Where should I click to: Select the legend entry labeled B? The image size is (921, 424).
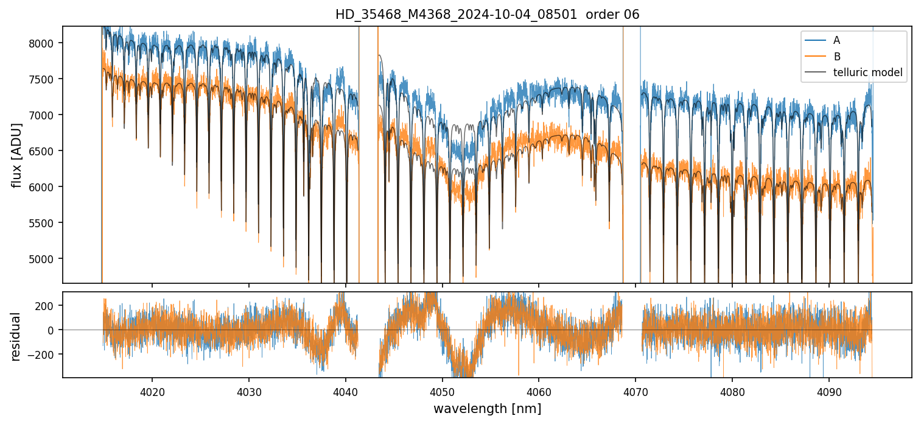837,57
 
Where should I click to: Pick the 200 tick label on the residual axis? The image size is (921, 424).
47,305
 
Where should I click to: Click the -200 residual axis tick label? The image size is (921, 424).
45,355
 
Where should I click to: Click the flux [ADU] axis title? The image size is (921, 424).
16,155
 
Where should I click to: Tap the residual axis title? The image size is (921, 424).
16,336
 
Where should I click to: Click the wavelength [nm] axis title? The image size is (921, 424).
487,408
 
